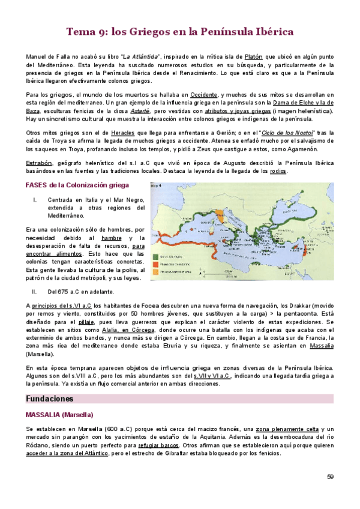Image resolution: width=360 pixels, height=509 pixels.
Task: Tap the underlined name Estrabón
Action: (x=38, y=163)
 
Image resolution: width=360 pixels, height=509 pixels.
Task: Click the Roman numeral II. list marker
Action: (x=35, y=292)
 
